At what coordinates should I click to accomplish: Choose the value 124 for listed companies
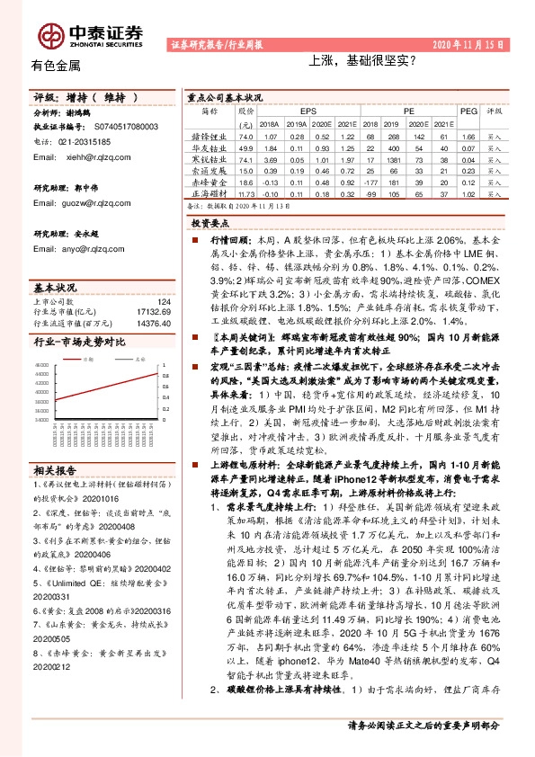(163, 302)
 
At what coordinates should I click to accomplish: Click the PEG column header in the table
(468, 111)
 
